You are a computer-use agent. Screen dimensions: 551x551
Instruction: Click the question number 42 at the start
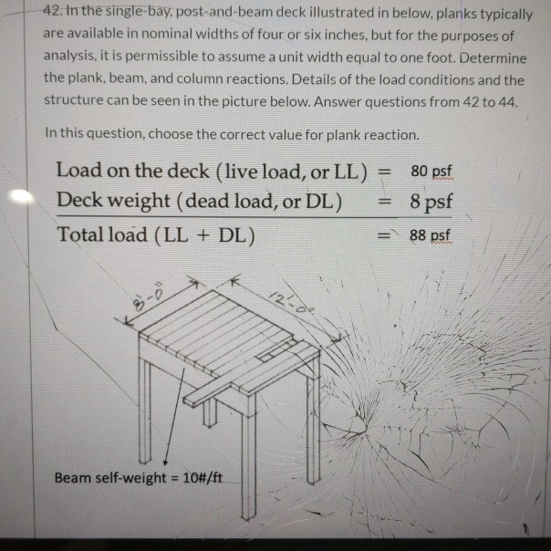pos(51,13)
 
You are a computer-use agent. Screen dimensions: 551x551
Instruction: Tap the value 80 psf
pos(431,171)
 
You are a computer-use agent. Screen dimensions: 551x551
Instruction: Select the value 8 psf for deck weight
pos(431,201)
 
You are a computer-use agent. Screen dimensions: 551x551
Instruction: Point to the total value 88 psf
pos(430,235)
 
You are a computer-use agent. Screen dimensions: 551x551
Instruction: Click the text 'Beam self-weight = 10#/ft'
pos(139,477)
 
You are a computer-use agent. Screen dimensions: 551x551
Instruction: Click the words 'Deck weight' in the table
pos(112,201)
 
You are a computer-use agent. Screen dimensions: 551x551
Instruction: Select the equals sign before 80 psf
pos(384,171)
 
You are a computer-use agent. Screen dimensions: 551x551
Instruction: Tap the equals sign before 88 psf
pos(384,234)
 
